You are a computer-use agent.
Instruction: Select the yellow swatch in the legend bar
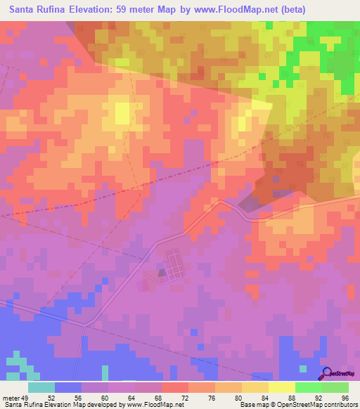pos(281,387)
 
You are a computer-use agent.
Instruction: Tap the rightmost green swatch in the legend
pos(335,387)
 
